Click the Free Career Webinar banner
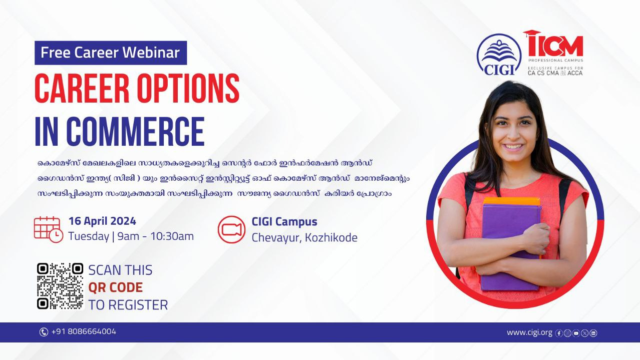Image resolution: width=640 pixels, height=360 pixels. [111, 53]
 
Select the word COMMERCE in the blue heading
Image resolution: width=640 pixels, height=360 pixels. [135, 132]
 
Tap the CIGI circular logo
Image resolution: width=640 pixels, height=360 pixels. [499, 55]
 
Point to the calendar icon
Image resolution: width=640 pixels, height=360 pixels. [48, 229]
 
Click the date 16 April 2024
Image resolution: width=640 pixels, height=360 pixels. [102, 221]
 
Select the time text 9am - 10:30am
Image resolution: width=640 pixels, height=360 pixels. [155, 236]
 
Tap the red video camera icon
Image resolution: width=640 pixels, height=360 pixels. [231, 229]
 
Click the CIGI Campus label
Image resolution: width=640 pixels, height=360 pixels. [284, 222]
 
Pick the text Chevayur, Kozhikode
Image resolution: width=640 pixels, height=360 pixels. [304, 238]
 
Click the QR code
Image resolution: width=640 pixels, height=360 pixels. [60, 286]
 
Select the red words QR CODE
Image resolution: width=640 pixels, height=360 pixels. [115, 287]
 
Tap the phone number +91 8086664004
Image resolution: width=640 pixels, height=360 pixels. [84, 331]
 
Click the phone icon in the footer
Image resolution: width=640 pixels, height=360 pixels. [44, 332]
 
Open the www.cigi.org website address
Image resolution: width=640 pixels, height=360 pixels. [529, 332]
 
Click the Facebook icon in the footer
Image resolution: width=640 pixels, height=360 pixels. [559, 333]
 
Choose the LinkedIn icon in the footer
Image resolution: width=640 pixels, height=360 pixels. [593, 333]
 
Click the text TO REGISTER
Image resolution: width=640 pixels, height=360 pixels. [128, 305]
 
